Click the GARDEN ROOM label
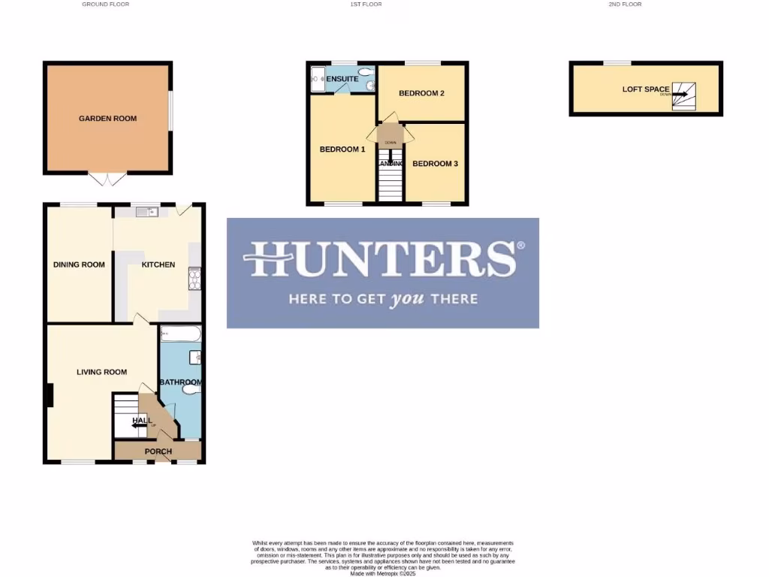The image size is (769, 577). click(x=108, y=119)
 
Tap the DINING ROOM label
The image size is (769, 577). click(x=79, y=264)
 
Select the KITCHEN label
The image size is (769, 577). click(x=158, y=264)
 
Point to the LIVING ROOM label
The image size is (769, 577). click(x=101, y=372)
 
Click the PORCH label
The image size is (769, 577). click(x=158, y=452)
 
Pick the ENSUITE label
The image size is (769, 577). click(x=342, y=79)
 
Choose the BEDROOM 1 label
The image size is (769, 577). click(x=342, y=149)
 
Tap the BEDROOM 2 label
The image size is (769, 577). click(x=421, y=93)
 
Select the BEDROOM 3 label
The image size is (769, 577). click(x=435, y=164)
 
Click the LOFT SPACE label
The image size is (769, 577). click(x=646, y=89)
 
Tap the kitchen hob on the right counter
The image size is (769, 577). click(x=195, y=279)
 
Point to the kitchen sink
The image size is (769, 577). click(x=146, y=212)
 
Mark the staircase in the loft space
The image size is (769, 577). click(x=683, y=95)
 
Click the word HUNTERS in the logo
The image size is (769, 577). click(x=379, y=259)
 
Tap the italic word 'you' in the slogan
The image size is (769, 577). click(x=406, y=299)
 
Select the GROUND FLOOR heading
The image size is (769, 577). click(x=105, y=5)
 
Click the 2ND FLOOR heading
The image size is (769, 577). click(x=625, y=5)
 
